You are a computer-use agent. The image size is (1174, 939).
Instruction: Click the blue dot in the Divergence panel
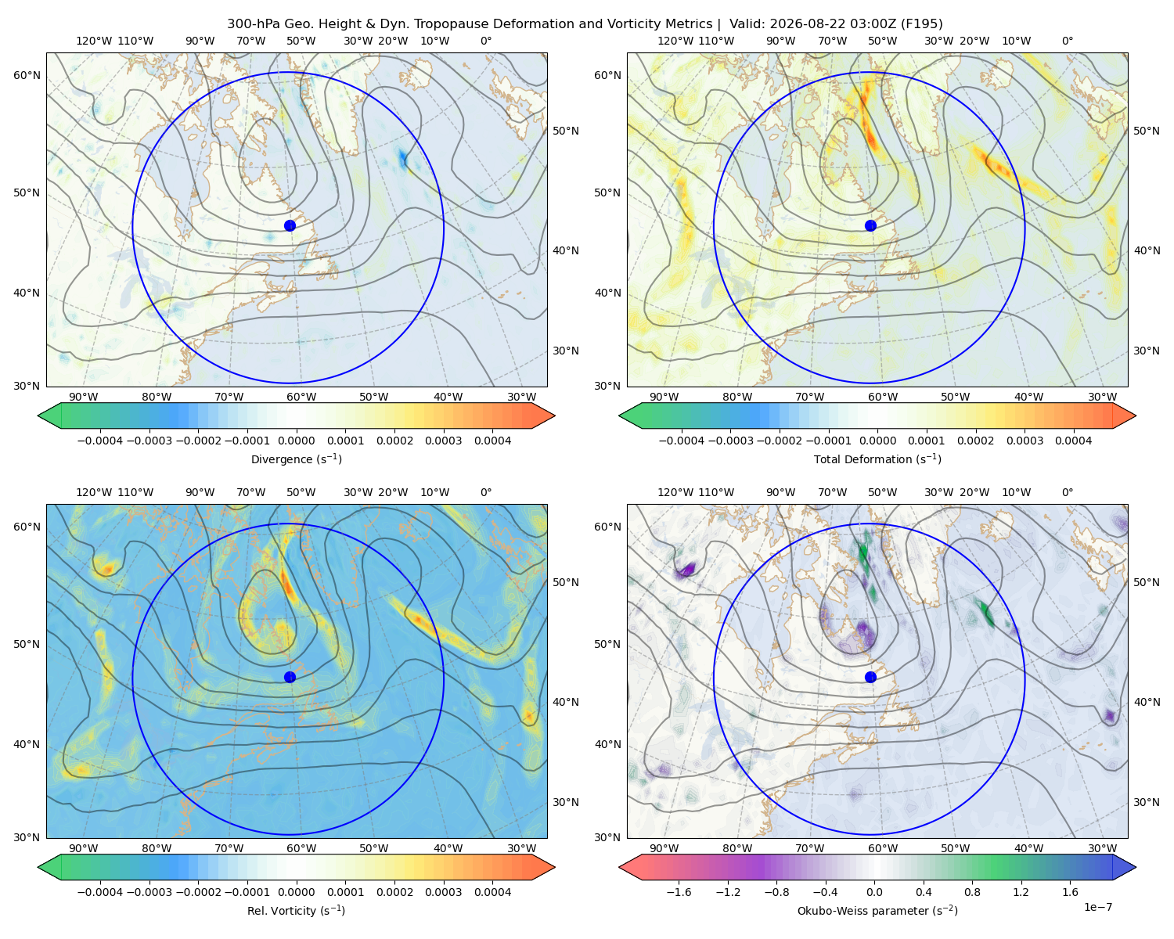point(290,225)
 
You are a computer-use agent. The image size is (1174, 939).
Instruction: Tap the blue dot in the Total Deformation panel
point(870,225)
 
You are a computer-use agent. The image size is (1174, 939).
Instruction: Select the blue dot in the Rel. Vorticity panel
point(290,677)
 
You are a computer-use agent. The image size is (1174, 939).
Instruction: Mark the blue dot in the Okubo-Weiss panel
point(870,677)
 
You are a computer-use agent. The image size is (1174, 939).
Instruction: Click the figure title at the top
point(585,24)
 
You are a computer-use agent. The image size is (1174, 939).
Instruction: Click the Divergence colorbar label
point(296,459)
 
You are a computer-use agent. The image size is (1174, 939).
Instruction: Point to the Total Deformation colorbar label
point(877,459)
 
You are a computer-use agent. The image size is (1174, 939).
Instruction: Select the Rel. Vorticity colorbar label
point(296,910)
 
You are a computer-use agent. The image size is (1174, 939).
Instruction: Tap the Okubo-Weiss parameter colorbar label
point(877,910)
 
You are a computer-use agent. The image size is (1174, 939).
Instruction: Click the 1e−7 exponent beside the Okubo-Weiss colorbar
point(1097,907)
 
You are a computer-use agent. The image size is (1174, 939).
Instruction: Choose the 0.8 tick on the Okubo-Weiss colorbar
point(972,891)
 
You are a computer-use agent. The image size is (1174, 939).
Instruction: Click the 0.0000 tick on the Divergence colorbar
point(296,441)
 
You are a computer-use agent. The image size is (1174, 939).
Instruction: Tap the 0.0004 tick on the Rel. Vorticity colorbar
point(492,891)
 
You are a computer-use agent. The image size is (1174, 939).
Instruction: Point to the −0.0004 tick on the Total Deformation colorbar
point(682,441)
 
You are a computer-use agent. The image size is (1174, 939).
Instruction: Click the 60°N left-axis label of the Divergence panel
point(27,75)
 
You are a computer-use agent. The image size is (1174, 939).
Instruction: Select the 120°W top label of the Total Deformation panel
point(675,41)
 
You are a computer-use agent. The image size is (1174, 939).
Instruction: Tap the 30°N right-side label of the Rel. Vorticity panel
point(566,801)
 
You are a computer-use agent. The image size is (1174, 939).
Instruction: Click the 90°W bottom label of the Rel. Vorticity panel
point(84,848)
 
